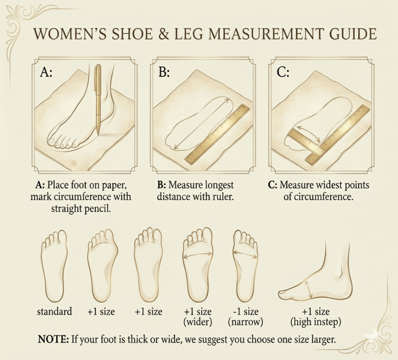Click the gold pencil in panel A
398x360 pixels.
(x=98, y=98)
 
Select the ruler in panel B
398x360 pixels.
(x=217, y=134)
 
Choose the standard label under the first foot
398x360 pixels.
(x=55, y=311)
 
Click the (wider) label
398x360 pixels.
(x=198, y=322)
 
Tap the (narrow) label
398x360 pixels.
(x=245, y=322)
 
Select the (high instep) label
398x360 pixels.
(x=315, y=322)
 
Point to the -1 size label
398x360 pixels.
(x=245, y=311)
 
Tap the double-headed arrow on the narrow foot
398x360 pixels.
(x=245, y=254)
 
